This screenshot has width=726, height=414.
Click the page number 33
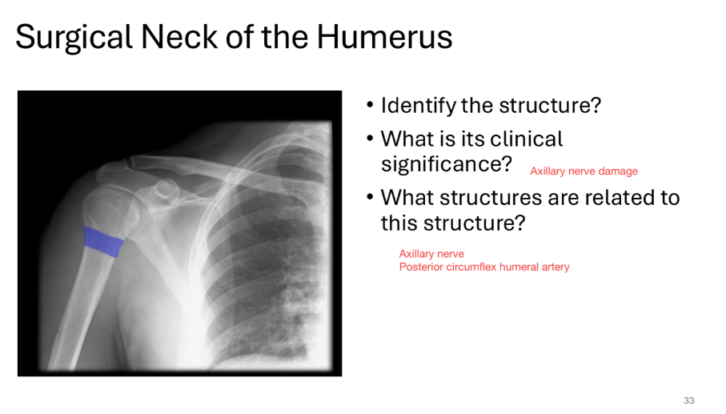point(688,400)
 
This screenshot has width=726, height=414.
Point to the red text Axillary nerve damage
point(584,171)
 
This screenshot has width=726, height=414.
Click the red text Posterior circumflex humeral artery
point(484,267)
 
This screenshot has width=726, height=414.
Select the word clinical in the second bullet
point(522,139)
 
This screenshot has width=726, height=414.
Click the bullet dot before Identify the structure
point(370,107)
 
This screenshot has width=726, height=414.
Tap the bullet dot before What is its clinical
point(370,139)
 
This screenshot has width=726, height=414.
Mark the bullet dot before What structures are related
point(370,198)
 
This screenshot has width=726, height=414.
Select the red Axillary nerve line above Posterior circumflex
point(431,254)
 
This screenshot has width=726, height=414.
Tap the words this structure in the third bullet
point(452,223)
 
